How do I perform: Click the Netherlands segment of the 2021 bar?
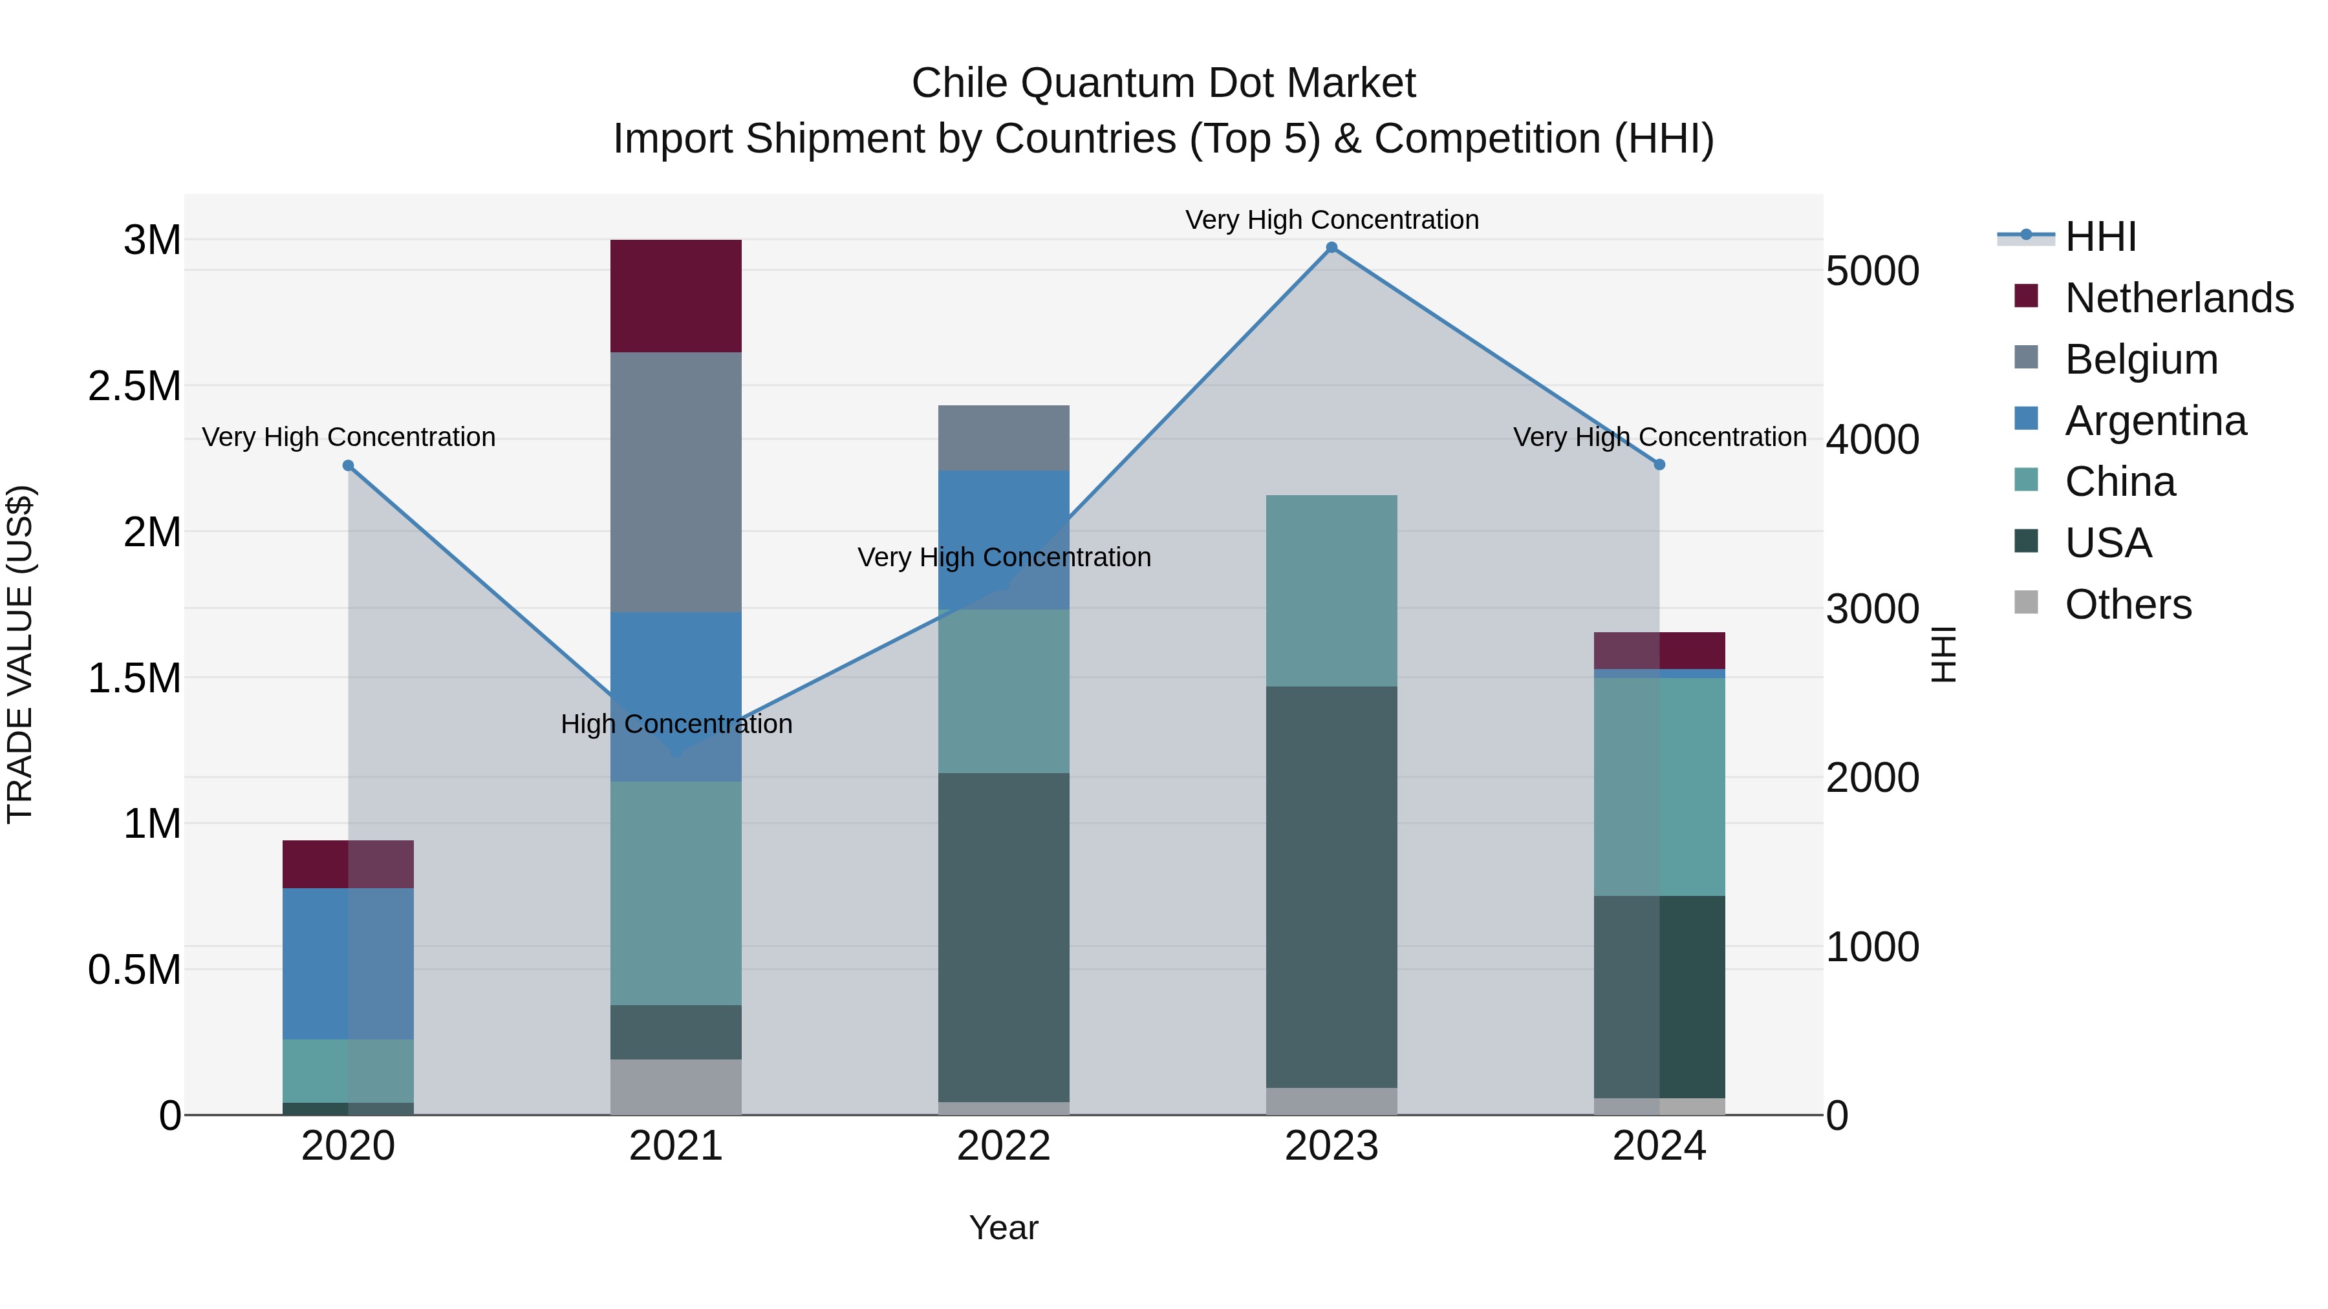pyautogui.click(x=675, y=295)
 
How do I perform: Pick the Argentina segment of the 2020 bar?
pyautogui.click(x=348, y=963)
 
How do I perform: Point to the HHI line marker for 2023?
pyautogui.click(x=1331, y=248)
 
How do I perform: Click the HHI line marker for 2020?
pyautogui.click(x=348, y=465)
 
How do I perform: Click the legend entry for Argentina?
pyautogui.click(x=2155, y=421)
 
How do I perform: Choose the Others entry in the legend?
pyautogui.click(x=2128, y=604)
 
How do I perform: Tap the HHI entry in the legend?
pyautogui.click(x=2100, y=237)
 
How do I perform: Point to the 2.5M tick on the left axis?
pyautogui.click(x=135, y=387)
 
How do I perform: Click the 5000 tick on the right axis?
pyautogui.click(x=1873, y=271)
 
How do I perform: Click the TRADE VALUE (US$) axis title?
pyautogui.click(x=20, y=654)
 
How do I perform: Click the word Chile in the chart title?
pyautogui.click(x=959, y=84)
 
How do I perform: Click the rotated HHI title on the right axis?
pyautogui.click(x=1944, y=654)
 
